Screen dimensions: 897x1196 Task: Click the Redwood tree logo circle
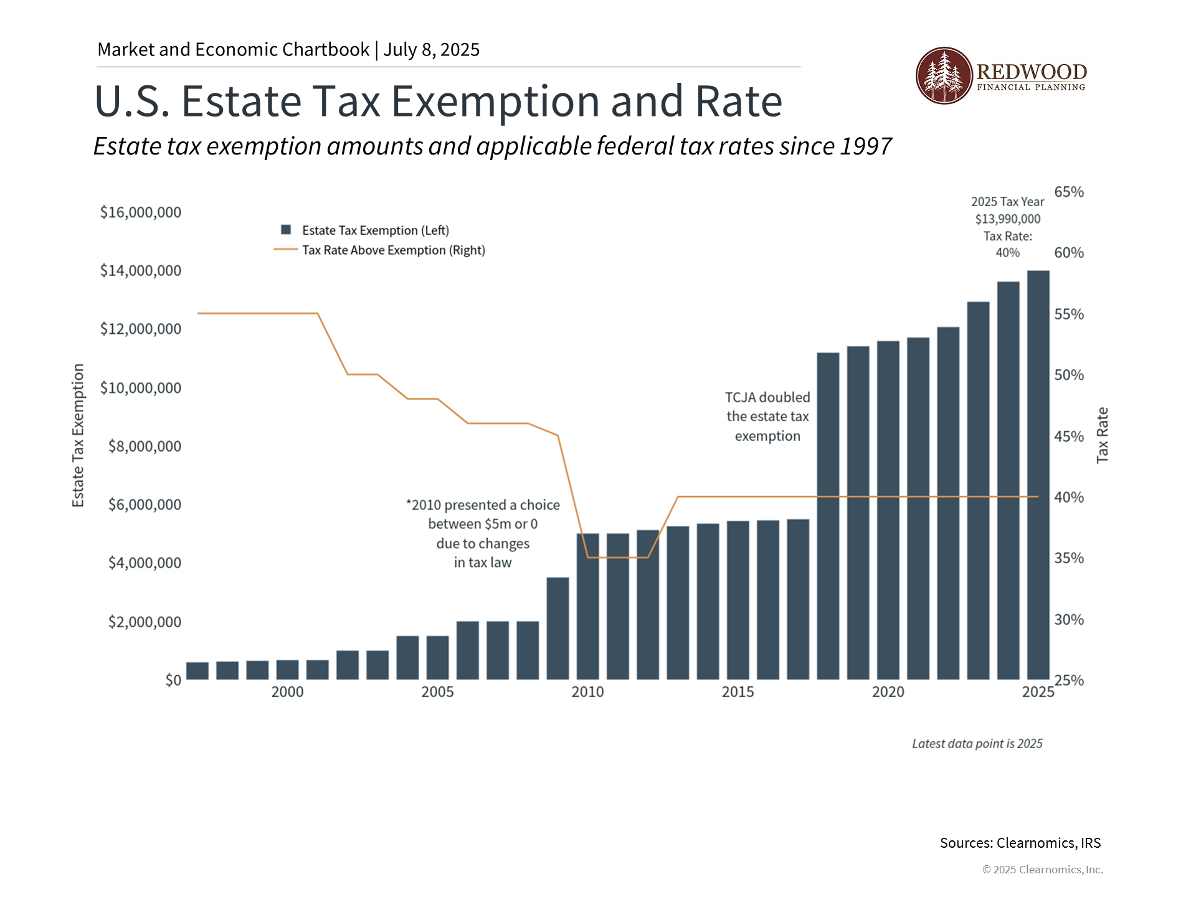point(944,75)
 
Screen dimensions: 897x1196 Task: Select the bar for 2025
point(1038,475)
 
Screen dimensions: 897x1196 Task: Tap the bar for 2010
point(587,605)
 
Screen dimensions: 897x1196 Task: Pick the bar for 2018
point(828,516)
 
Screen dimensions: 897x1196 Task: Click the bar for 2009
point(558,628)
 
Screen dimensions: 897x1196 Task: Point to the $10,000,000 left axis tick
point(141,388)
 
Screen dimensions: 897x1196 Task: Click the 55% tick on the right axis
point(1069,315)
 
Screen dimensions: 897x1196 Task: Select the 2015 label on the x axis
point(738,692)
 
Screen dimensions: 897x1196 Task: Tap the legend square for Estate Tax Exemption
point(287,230)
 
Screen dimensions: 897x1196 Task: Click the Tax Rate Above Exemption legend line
point(286,250)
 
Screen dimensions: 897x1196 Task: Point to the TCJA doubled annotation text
point(767,417)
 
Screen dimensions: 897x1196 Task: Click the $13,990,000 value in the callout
point(1007,219)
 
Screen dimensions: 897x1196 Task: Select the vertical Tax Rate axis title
point(1102,435)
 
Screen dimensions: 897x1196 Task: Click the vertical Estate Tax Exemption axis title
point(78,435)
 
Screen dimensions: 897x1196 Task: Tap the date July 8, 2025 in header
point(431,50)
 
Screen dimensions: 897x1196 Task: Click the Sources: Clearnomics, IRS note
point(1020,843)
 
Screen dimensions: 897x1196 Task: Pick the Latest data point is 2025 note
point(977,744)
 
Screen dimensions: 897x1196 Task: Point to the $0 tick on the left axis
point(173,680)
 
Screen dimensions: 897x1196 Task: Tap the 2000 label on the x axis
point(287,692)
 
